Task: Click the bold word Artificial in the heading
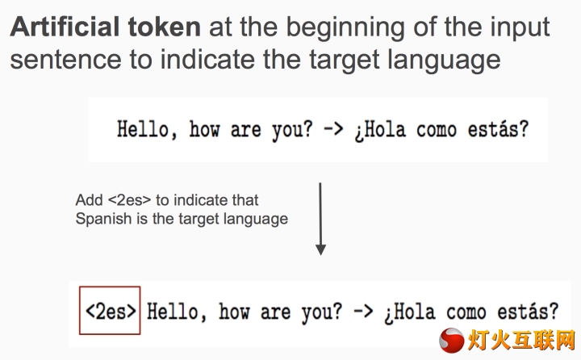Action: click(65, 27)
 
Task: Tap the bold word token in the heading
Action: click(164, 27)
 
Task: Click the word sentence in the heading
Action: click(65, 60)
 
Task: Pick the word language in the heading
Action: click(444, 60)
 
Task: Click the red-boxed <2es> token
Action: click(111, 311)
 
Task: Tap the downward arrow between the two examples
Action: click(320, 219)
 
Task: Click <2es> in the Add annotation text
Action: click(130, 200)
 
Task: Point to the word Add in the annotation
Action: click(89, 200)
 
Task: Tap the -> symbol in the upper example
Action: click(333, 129)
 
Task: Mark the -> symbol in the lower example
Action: click(363, 311)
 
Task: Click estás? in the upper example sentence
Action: click(498, 129)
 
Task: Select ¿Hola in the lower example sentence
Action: click(410, 312)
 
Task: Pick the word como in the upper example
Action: click(437, 131)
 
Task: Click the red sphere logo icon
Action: click(451, 340)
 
